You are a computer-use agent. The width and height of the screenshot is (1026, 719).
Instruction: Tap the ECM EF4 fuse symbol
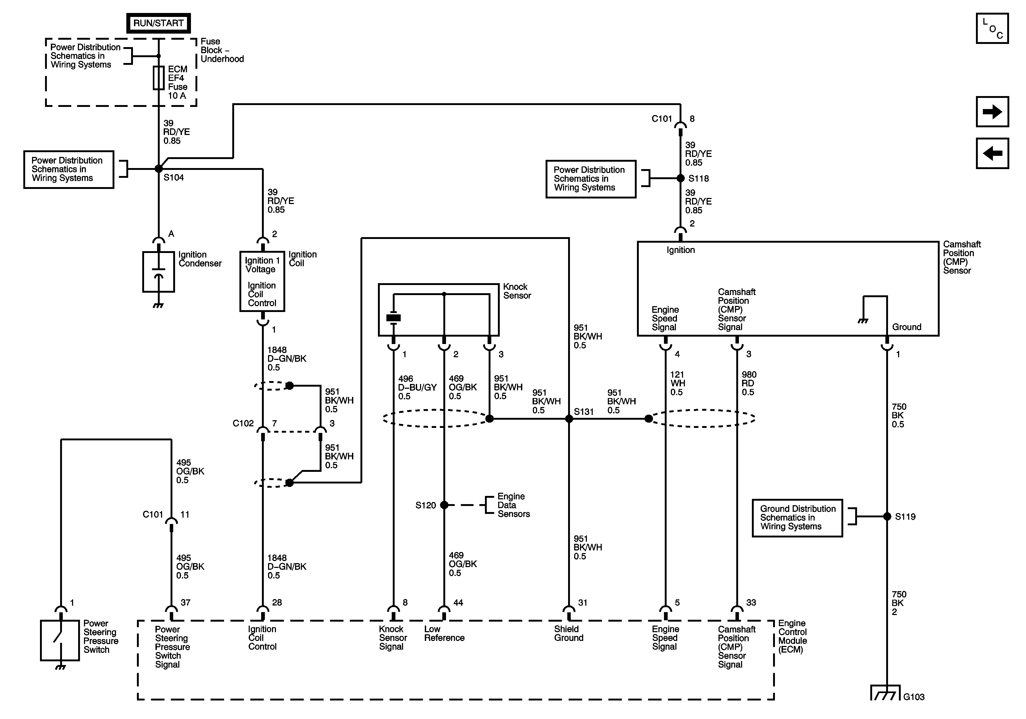(159, 78)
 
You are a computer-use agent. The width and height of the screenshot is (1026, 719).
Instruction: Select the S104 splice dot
(159, 169)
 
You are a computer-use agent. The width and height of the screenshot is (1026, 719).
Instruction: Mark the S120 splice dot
(444, 505)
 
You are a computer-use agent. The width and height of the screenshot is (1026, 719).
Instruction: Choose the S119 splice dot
(887, 517)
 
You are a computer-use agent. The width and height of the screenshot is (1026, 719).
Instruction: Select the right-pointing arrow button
(992, 112)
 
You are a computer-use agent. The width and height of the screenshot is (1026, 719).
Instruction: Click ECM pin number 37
(185, 603)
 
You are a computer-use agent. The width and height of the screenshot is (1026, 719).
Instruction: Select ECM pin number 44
(458, 603)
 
